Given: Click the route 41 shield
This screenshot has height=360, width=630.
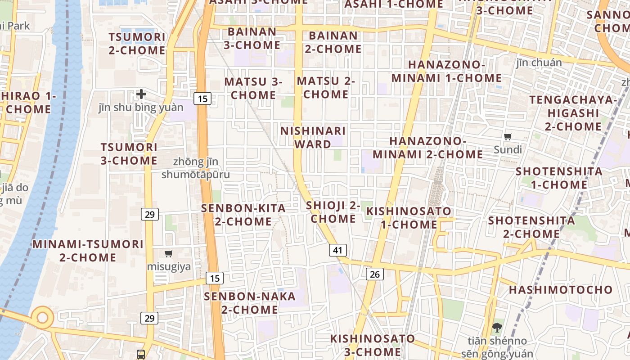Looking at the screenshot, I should click(x=338, y=250).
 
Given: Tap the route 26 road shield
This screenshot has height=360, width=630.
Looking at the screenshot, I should click(x=374, y=274).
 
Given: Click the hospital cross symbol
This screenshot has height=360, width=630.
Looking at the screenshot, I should click(x=141, y=94).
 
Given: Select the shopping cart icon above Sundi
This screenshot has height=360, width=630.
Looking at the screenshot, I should click(x=508, y=136).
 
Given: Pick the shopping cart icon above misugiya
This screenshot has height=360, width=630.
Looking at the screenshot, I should click(x=168, y=253).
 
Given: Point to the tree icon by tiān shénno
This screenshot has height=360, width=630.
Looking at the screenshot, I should click(x=497, y=327).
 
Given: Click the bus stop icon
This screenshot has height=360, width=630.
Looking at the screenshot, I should click(x=141, y=354).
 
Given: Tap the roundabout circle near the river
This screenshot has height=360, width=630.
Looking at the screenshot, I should click(x=42, y=317).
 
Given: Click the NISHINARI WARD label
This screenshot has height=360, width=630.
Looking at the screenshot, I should click(x=313, y=137).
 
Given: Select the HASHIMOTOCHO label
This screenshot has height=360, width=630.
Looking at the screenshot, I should click(x=561, y=289).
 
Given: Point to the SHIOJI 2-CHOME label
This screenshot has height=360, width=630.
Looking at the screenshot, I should click(x=333, y=212).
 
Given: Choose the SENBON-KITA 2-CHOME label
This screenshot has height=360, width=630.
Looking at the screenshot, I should click(x=243, y=215).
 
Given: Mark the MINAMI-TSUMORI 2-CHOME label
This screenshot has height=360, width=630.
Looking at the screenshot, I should click(x=88, y=251).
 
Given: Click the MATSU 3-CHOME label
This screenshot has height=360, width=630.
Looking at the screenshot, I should click(x=253, y=88).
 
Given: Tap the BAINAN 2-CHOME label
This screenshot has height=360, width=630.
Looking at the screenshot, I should click(x=333, y=42).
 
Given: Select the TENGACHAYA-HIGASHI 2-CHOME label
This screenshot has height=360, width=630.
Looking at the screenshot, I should click(x=573, y=112).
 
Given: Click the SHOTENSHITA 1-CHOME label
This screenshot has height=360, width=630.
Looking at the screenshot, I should click(x=559, y=178).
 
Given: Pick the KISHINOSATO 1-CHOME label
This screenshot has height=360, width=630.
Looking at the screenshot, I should click(x=409, y=217).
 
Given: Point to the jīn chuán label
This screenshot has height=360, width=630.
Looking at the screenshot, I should click(x=539, y=62).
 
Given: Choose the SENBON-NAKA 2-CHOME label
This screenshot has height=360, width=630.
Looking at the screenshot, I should click(x=250, y=303).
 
